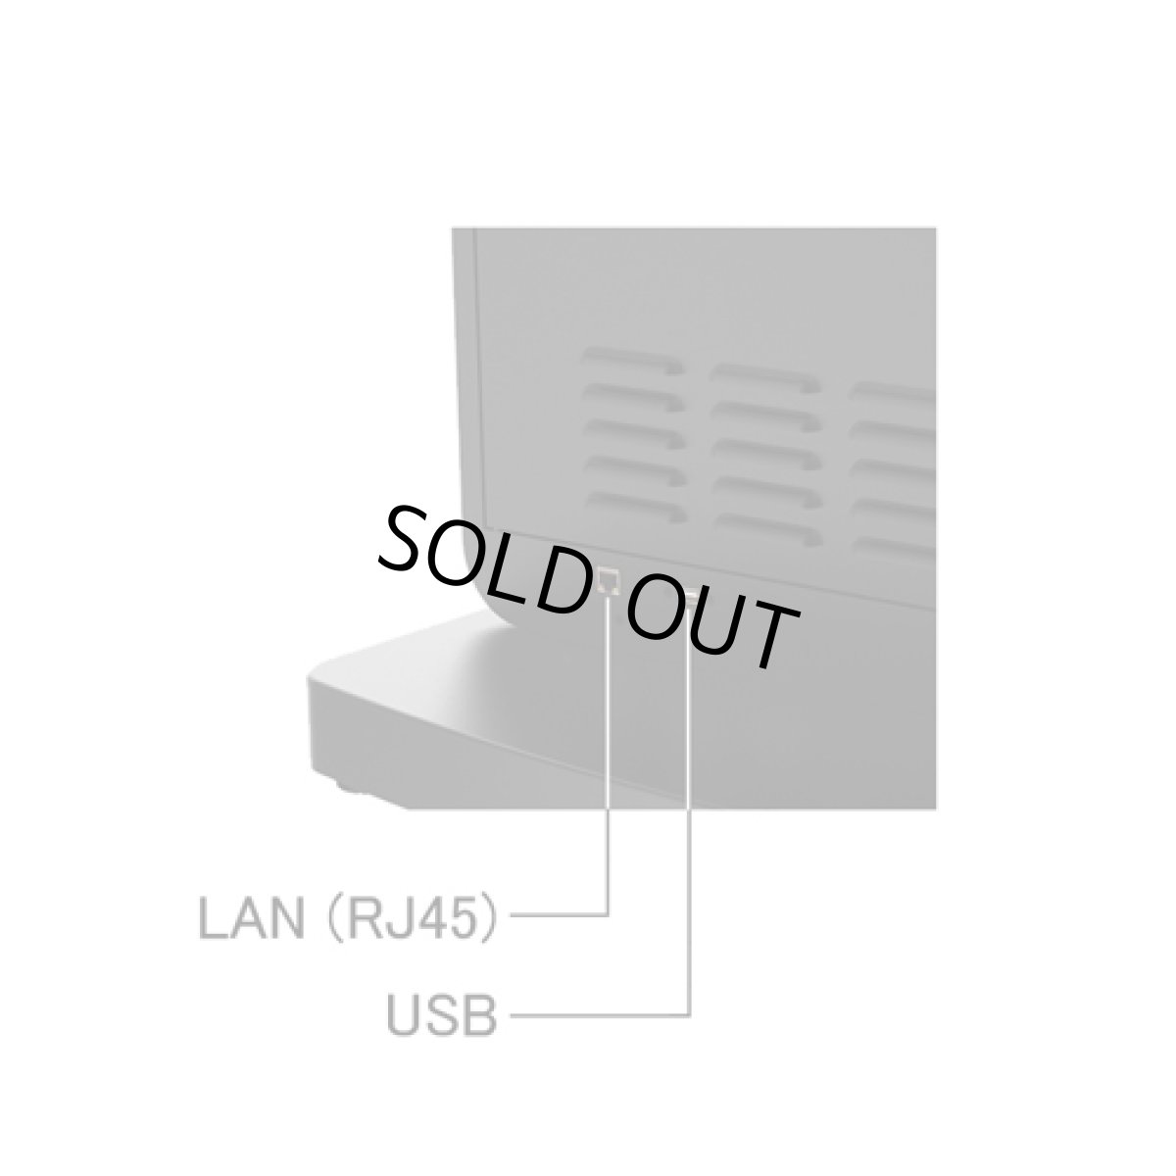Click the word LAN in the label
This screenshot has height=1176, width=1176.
(x=252, y=919)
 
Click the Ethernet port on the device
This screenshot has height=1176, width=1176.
(x=609, y=580)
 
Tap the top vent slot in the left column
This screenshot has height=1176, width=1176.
(x=632, y=360)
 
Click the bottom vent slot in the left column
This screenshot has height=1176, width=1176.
(x=636, y=507)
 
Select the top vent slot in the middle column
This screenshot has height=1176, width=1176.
(x=765, y=378)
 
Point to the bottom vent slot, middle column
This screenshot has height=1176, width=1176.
(x=770, y=529)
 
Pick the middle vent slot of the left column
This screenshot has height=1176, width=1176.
(x=634, y=433)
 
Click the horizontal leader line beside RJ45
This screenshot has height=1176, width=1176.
(x=559, y=914)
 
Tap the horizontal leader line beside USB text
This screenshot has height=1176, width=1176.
(x=600, y=1015)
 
